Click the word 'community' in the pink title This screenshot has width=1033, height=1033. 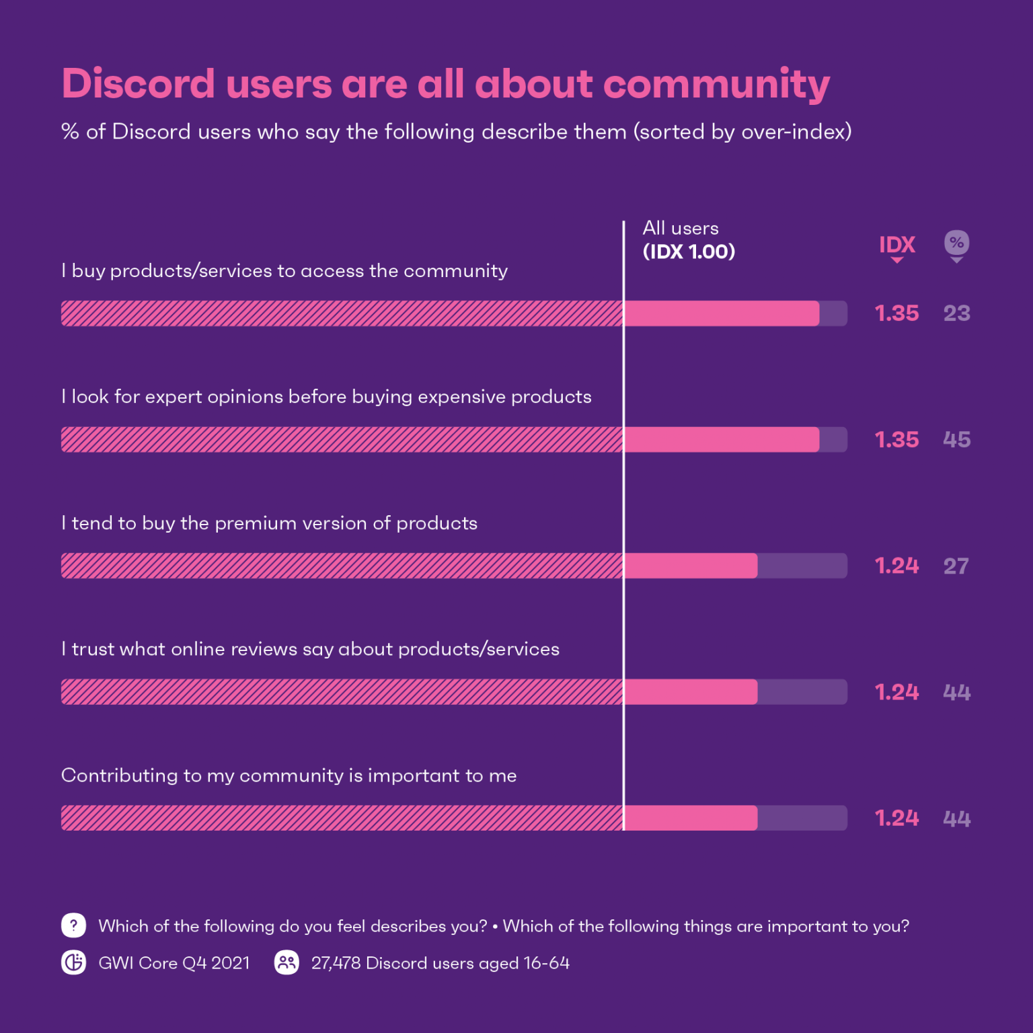point(716,84)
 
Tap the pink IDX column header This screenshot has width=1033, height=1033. point(896,245)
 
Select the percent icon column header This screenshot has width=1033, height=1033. point(956,243)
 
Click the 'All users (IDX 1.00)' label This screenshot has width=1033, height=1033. point(688,240)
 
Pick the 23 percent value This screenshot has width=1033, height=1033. point(956,313)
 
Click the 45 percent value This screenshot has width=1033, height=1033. point(956,440)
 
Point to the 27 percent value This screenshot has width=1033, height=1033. point(956,566)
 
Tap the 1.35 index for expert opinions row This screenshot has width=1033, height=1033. point(896,440)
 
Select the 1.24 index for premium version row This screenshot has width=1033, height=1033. point(896,566)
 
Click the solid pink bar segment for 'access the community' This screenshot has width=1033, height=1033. point(722,313)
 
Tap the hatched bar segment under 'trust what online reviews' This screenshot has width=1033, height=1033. point(342,692)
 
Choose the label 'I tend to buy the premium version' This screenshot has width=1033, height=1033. point(269,523)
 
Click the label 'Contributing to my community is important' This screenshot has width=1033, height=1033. point(289,775)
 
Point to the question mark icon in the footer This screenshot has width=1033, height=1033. point(73,925)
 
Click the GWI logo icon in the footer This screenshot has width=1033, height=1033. point(73,962)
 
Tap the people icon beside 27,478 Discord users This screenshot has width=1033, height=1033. point(286,962)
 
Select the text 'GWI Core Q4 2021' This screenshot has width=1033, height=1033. point(174,963)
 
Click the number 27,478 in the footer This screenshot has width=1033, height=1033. point(336,963)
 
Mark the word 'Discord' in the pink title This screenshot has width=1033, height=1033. point(139,84)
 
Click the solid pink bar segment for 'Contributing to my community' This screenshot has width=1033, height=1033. point(691,818)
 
